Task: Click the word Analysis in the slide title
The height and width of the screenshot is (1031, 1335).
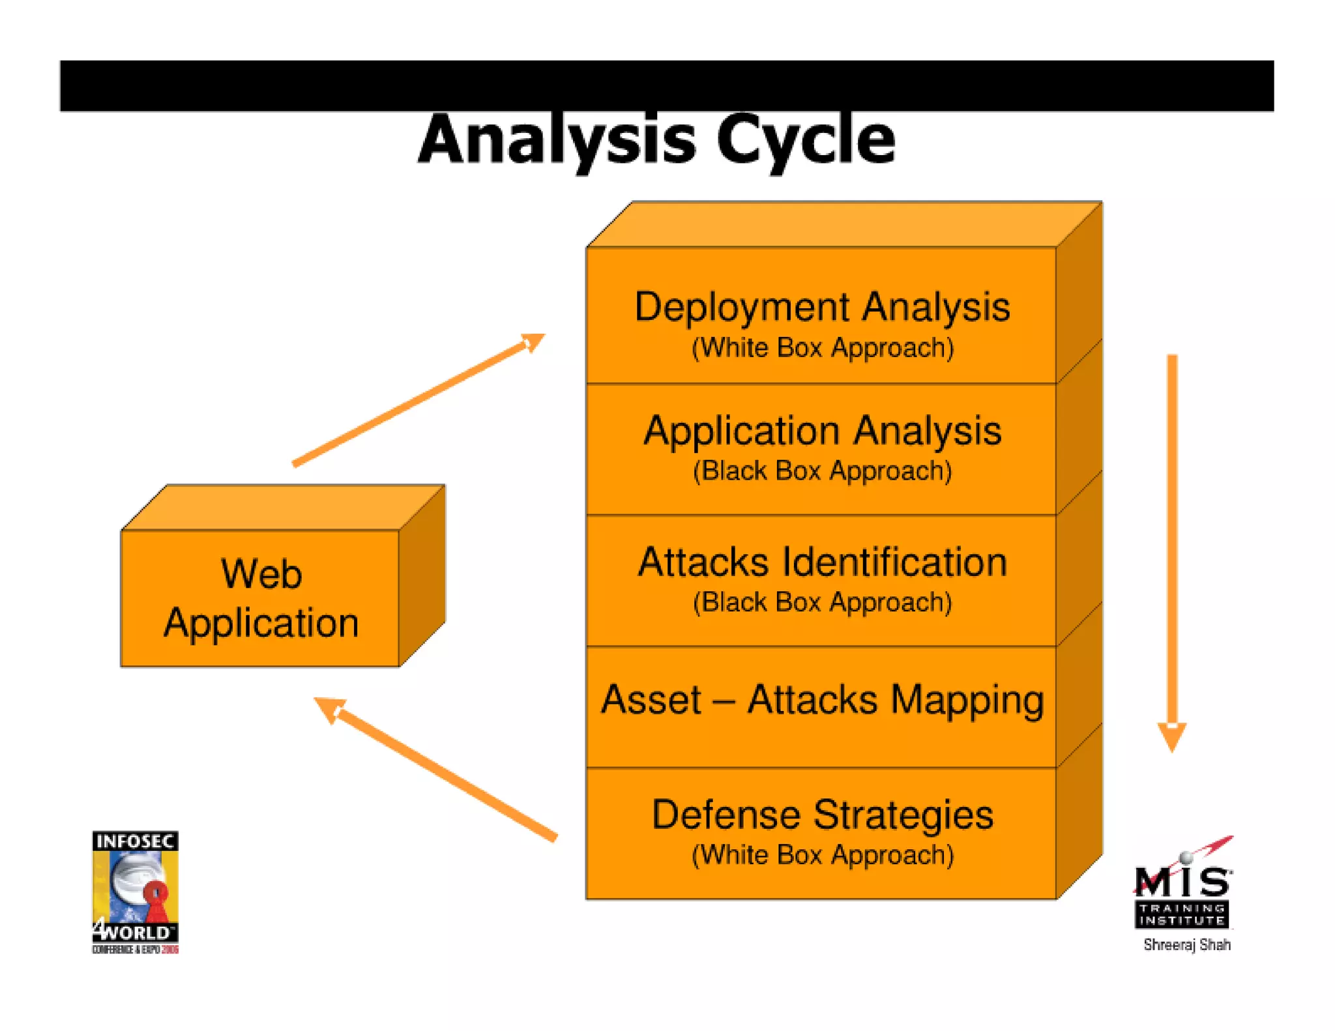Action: pos(557,140)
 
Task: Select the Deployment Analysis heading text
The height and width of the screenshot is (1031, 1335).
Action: pos(822,307)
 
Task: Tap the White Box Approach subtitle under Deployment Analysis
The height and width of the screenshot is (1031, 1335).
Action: pos(823,348)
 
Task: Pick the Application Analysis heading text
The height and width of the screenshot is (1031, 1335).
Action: pos(822,431)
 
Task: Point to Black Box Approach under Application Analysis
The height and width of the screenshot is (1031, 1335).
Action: pos(822,471)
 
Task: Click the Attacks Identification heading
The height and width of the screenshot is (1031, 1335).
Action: pos(822,562)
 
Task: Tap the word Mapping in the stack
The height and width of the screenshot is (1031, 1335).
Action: pos(967,701)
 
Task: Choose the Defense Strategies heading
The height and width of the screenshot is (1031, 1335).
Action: pos(822,815)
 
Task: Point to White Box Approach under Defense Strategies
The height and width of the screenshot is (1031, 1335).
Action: pos(823,855)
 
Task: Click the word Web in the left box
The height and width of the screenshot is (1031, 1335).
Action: pos(261,574)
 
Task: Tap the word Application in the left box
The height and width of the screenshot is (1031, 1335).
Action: pos(261,623)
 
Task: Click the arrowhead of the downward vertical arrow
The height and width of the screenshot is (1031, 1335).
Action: pos(1171,736)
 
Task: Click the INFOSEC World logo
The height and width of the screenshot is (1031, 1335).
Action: pos(135,892)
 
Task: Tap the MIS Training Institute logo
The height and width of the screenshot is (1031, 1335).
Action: pos(1183,886)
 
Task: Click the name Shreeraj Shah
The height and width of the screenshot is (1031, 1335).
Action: pos(1186,945)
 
